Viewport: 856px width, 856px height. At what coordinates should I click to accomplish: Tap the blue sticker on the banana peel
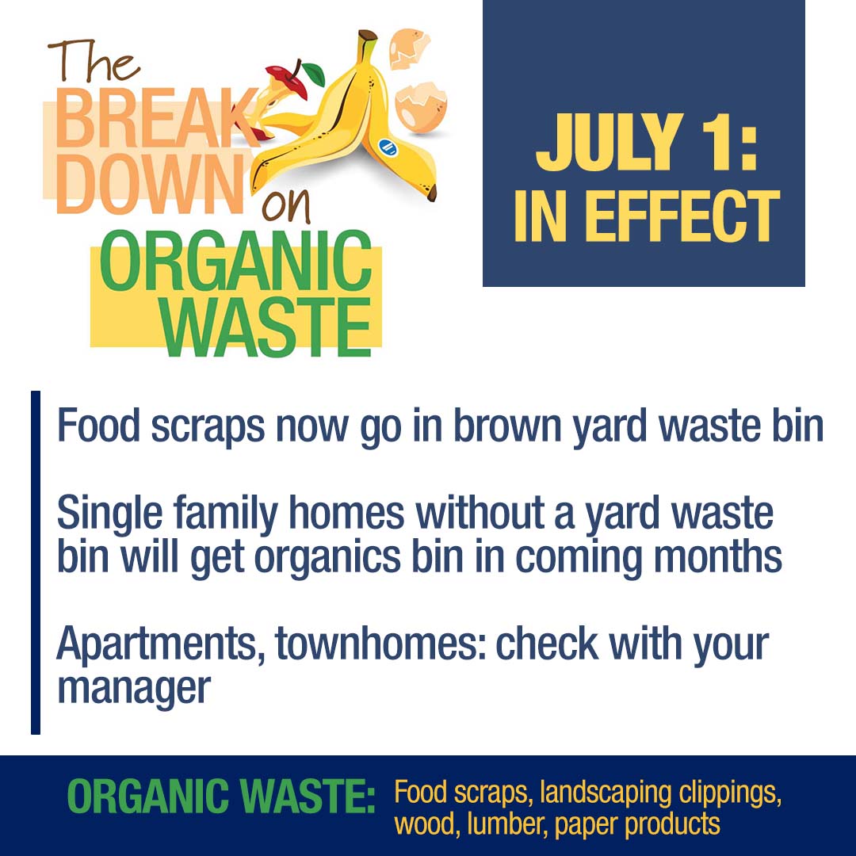tap(388, 147)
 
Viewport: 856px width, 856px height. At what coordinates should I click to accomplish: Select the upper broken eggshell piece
tap(409, 48)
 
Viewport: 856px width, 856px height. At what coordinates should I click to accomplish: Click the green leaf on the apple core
tap(314, 75)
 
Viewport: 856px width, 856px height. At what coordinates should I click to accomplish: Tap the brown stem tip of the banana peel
tap(368, 36)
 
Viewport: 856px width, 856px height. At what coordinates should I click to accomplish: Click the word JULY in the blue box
tap(610, 142)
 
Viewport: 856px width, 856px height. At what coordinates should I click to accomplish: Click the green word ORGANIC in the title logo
tap(236, 261)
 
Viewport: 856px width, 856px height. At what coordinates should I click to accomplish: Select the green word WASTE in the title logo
tap(266, 327)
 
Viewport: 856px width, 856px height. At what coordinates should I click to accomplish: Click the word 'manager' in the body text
tap(134, 690)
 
